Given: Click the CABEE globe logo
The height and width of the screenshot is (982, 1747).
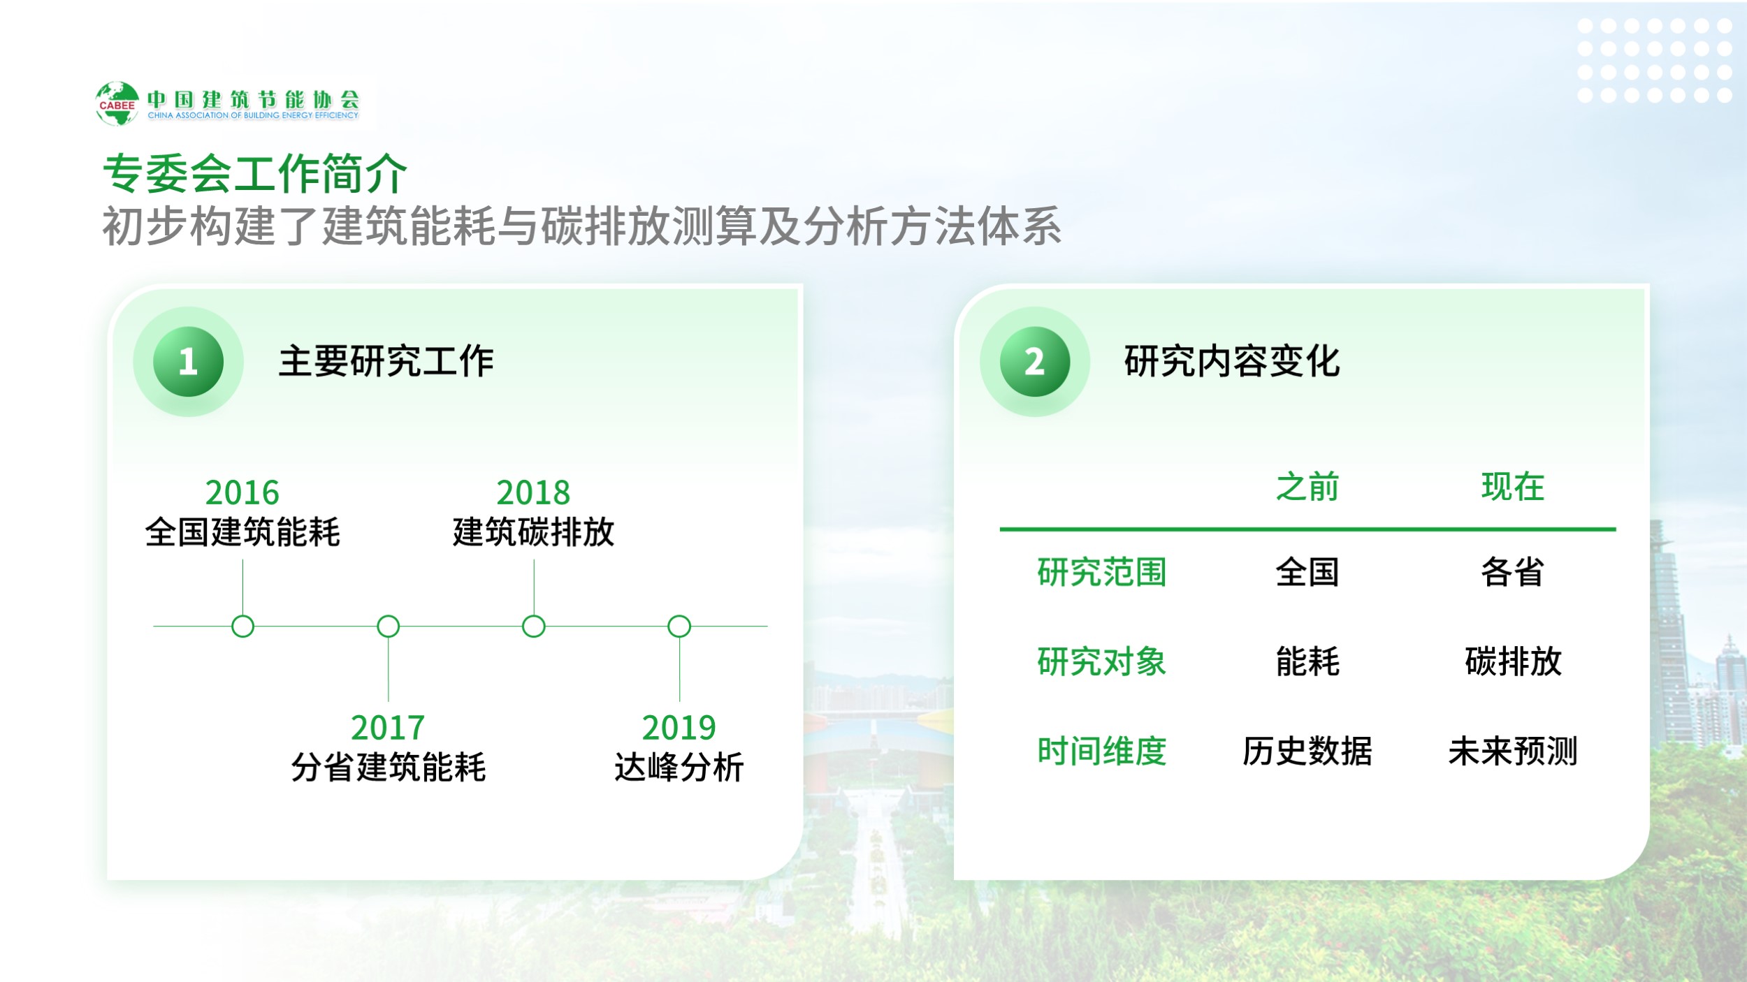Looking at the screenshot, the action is coord(117,103).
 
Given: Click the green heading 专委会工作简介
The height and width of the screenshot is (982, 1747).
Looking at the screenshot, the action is coord(255,173).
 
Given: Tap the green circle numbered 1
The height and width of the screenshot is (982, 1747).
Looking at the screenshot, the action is coord(188,362).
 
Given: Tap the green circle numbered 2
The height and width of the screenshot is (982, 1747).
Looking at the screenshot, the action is coord(1035,362).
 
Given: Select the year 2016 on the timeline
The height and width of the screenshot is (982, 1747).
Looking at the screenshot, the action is coord(242,492).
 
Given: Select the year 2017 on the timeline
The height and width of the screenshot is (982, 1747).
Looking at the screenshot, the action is coord(388,728).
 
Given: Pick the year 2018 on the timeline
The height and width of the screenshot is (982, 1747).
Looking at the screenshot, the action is coord(533,492).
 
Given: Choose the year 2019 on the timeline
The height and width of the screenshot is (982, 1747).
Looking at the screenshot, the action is coord(679,728).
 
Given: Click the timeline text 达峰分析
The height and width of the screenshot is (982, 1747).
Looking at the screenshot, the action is coord(679,768).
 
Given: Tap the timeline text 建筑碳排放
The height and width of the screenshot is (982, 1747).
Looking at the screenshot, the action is coord(533,532).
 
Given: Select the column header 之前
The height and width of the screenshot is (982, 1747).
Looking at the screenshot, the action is coord(1307,487).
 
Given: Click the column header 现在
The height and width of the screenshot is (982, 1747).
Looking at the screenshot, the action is coord(1513,487).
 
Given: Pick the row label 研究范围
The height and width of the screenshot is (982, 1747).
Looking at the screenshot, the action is coord(1102,572).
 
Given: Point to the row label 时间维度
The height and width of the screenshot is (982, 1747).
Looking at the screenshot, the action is coord(1102,752).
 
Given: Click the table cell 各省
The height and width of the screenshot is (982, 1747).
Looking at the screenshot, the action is coord(1513,572).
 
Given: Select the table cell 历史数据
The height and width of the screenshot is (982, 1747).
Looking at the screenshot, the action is coord(1307,752).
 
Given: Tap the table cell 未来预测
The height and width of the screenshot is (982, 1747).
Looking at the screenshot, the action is coord(1513,752).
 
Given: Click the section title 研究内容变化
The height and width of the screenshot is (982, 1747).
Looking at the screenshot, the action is coord(1232,362).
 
